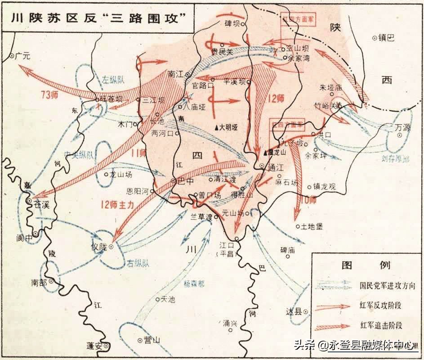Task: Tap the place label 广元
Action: (22, 56)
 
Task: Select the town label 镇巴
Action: (386, 38)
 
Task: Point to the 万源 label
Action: (403, 128)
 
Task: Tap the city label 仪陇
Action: (98, 247)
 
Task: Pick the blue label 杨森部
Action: (194, 283)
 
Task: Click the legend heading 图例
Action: (366, 265)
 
